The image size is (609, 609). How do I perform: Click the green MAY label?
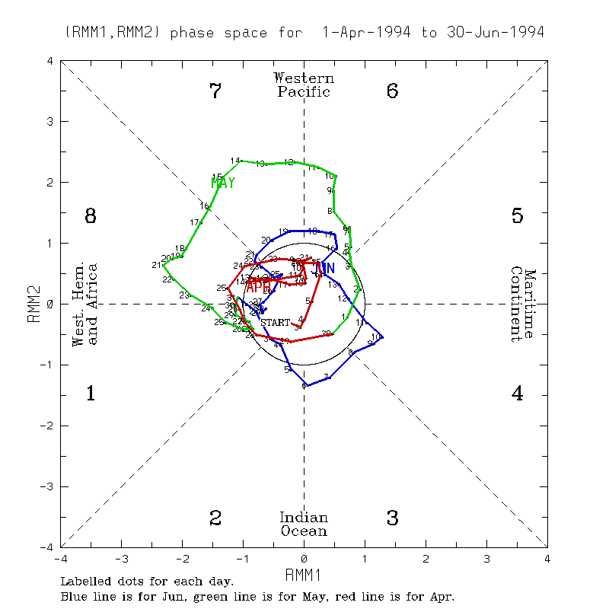pos(223,183)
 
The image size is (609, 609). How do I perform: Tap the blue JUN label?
pos(323,268)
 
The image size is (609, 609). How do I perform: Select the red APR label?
pos(258,285)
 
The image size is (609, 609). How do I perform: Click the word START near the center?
pos(276,323)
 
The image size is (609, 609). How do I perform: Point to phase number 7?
pos(215,92)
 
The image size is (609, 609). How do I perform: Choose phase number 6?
pos(393,92)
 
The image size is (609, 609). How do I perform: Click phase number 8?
pos(91,216)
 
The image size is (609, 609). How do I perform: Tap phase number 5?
pos(518,216)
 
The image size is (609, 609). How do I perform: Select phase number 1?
pos(91,394)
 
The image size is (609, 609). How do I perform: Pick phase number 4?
pos(518,394)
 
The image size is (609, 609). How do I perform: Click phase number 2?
pos(215,518)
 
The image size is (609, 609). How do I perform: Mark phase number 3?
pos(393,518)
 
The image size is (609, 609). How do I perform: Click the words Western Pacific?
pos(304,84)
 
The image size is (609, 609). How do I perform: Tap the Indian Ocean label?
pos(304,524)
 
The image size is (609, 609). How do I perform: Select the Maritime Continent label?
pos(523,304)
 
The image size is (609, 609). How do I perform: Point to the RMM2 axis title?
pos(33,304)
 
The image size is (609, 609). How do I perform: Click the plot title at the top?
pos(304,33)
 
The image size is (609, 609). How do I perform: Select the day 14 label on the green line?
pos(235,161)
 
